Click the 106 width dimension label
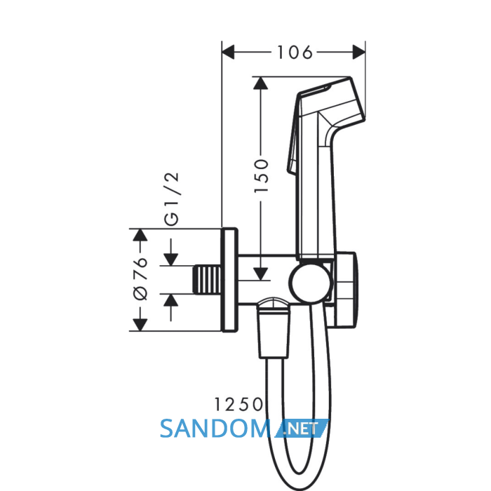pyautogui.click(x=295, y=53)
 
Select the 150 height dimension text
pyautogui.click(x=261, y=175)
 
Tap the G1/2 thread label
pyautogui.click(x=172, y=199)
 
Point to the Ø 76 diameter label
pyautogui.click(x=140, y=279)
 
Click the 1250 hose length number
pyautogui.click(x=238, y=404)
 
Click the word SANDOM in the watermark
pyautogui.click(x=215, y=429)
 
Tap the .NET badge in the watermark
pyautogui.click(x=302, y=429)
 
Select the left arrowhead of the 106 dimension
pyautogui.click(x=228, y=52)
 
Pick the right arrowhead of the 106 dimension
pyautogui.click(x=359, y=52)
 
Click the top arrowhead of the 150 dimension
pyautogui.click(x=260, y=83)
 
